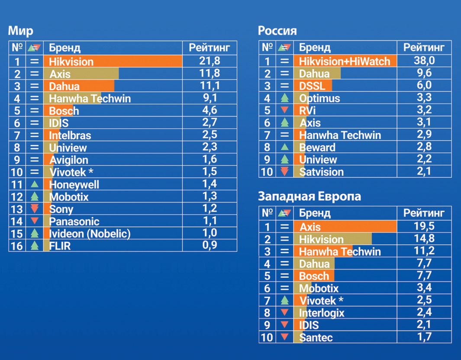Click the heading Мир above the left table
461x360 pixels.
pos(20,31)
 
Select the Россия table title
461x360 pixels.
pos(277,31)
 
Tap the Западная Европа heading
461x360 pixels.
pos(309,196)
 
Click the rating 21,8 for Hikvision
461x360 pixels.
pos(209,61)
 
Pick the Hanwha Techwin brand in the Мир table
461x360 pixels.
pos(90,98)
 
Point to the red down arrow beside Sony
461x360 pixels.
pos(35,209)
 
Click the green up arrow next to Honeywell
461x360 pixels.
pos(35,184)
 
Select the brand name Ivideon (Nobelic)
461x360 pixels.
pos(90,234)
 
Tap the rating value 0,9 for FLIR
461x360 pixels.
pos(209,246)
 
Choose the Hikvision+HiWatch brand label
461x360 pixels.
pos(345,61)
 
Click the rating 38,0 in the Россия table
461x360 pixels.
pos(424,61)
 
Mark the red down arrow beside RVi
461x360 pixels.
pos(284,110)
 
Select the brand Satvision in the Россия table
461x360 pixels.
pos(321,172)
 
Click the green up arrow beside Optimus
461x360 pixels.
pos(284,98)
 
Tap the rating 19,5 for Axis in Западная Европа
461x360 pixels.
pos(424,226)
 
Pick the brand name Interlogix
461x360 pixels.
pos(321,313)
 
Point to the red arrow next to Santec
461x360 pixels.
pos(284,337)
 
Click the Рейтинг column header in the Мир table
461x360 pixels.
pos(209,47)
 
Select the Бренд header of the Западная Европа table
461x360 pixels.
pos(315,213)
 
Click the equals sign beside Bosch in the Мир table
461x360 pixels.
pos(35,110)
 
